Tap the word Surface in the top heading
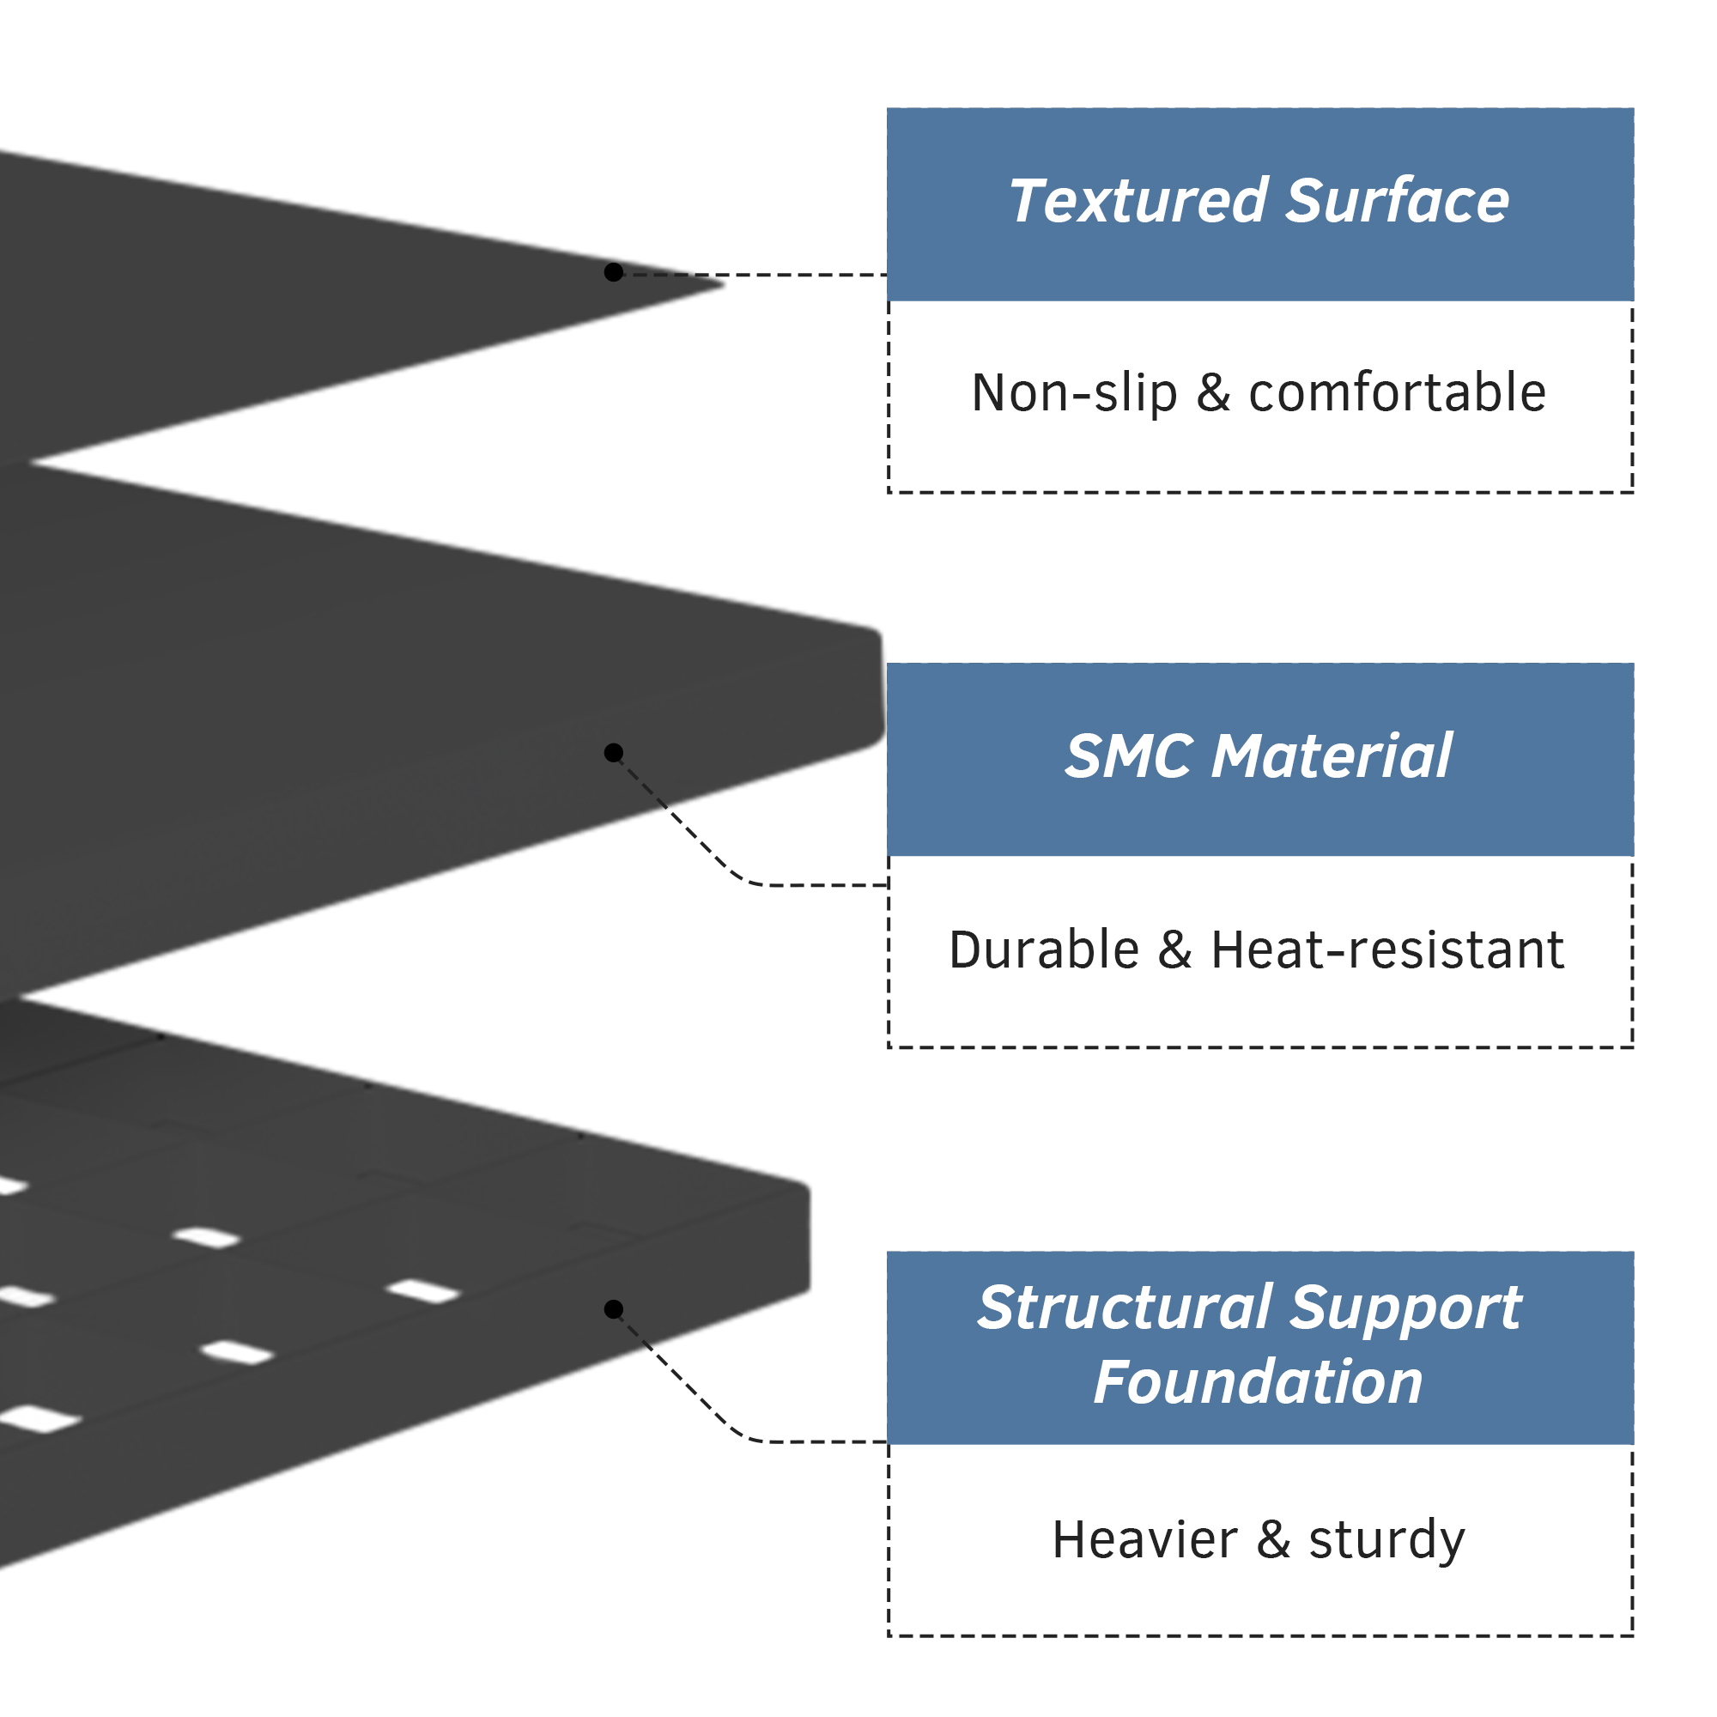point(1398,201)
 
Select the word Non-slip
point(1075,394)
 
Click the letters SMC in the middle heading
point(1129,756)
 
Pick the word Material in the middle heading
point(1332,756)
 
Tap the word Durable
point(1044,950)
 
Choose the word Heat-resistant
point(1387,950)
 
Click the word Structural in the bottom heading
point(1125,1309)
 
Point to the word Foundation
point(1259,1383)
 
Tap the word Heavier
point(1144,1539)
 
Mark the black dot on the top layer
point(613,272)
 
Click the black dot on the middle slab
point(613,753)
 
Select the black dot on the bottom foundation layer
point(613,1309)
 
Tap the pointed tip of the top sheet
point(724,284)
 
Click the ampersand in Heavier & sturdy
point(1272,1539)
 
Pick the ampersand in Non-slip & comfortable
point(1213,393)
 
